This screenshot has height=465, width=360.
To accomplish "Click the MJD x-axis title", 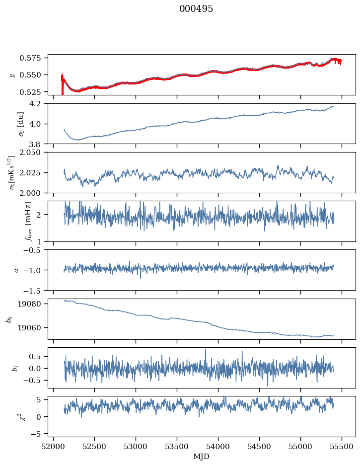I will pyautogui.click(x=201, y=456).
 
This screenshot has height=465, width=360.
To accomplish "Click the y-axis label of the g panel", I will pyautogui.click(x=12, y=75).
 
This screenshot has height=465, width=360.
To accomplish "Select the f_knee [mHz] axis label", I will pyautogui.click(x=12, y=221).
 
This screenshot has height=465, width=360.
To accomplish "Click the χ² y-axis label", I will pyautogui.click(x=12, y=416).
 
